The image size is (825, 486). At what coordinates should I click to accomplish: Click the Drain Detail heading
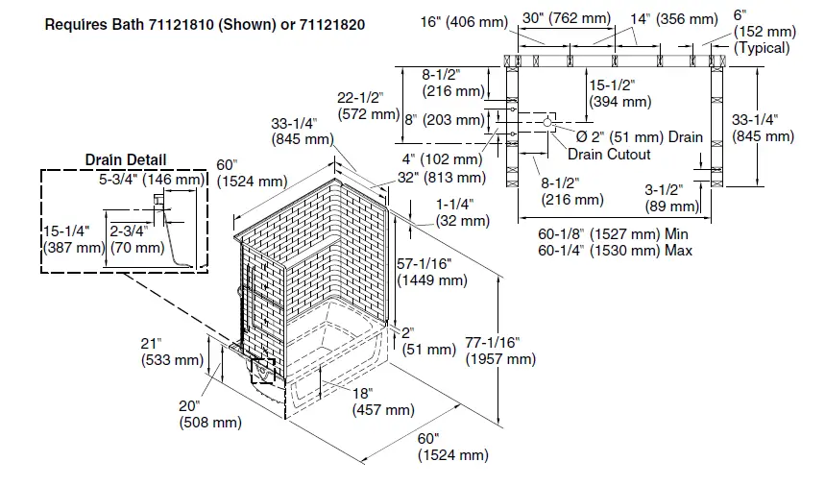125,159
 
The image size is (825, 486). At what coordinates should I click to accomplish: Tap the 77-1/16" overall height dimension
499,351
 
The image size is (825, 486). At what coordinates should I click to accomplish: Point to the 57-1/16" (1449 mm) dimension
432,272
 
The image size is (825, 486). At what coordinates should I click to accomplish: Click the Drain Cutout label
608,154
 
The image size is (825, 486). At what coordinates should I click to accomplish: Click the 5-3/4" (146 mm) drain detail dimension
152,179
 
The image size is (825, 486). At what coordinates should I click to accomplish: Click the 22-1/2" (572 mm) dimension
368,106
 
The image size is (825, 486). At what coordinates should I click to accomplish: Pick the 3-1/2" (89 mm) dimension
671,198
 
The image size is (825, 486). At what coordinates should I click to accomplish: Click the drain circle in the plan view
547,122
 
